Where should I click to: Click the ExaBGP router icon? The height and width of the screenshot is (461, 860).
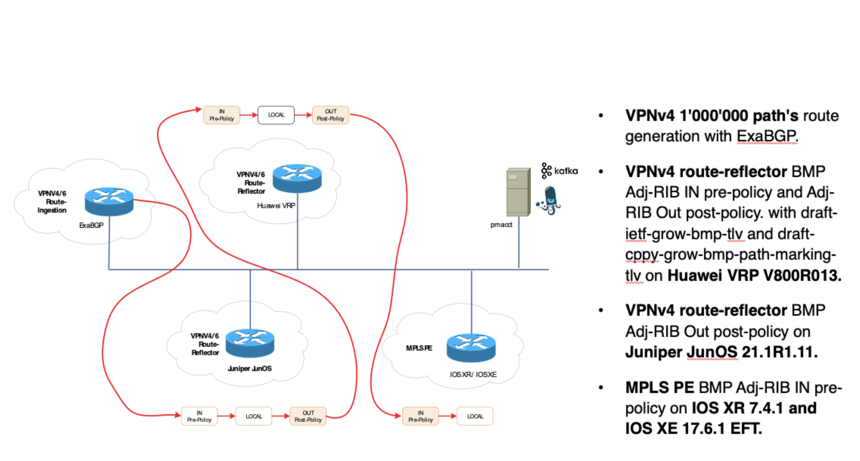click(109, 201)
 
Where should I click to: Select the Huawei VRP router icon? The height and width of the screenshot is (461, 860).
click(297, 178)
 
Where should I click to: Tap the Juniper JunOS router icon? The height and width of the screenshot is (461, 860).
click(250, 343)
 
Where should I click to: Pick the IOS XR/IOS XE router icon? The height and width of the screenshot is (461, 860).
click(471, 347)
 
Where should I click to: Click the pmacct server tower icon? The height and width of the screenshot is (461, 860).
click(518, 192)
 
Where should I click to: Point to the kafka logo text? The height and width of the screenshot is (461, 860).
click(566, 171)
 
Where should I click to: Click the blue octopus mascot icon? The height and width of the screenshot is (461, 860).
click(550, 200)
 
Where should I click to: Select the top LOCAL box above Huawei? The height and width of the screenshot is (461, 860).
click(276, 115)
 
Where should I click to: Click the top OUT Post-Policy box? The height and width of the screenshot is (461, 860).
click(330, 115)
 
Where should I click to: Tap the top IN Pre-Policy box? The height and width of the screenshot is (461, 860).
click(222, 115)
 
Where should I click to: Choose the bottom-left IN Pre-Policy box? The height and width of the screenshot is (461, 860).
click(199, 416)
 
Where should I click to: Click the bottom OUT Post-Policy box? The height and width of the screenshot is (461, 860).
click(308, 416)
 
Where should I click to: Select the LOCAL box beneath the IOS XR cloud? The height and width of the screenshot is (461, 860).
click(475, 416)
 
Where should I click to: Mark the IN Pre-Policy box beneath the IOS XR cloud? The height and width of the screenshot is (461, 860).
click(420, 416)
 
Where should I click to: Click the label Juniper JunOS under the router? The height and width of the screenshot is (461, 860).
click(249, 368)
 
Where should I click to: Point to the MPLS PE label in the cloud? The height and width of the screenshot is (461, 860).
click(419, 348)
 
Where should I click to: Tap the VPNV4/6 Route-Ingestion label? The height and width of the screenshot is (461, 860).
click(52, 202)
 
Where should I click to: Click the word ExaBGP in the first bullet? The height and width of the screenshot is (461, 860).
click(766, 136)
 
